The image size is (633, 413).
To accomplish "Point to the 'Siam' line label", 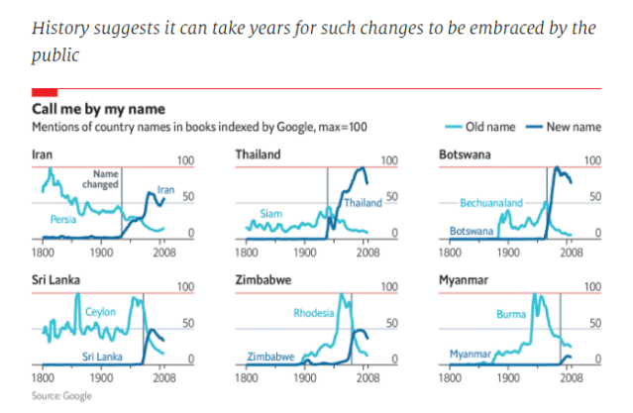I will click(x=270, y=213).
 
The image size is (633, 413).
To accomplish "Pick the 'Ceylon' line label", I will click(x=100, y=312).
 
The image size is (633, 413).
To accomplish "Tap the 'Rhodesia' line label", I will click(x=313, y=314).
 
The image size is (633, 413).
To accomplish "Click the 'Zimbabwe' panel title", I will click(x=264, y=281).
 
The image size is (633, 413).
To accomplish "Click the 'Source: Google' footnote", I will click(x=61, y=396).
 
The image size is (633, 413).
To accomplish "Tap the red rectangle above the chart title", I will click(x=45, y=92).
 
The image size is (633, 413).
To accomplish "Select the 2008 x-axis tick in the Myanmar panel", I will click(x=570, y=378).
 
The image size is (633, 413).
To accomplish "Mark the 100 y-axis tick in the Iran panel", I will click(x=184, y=160).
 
